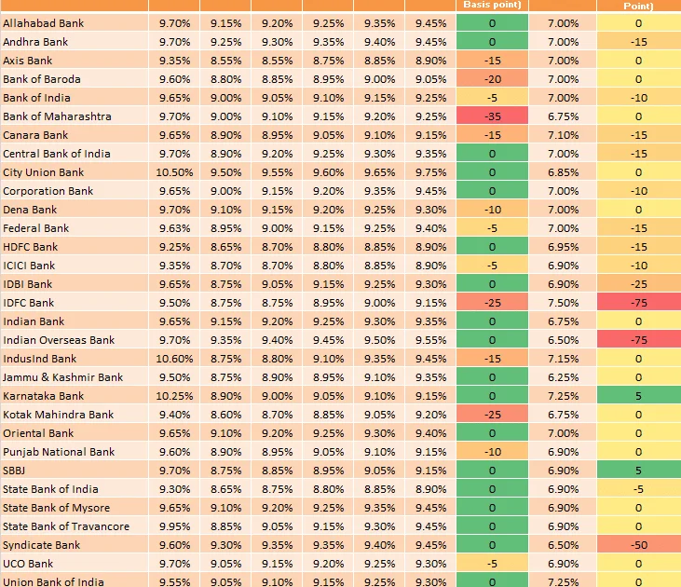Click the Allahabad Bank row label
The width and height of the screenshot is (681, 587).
pos(43,23)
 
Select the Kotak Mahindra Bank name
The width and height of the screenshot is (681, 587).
pos(58,415)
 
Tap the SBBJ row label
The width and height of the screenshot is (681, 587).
pos(14,471)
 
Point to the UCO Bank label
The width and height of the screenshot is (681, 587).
pos(28,564)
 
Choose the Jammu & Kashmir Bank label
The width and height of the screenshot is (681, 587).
pos(62,377)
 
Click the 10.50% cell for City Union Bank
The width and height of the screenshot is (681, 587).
pos(174,172)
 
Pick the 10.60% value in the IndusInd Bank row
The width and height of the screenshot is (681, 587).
pos(174,359)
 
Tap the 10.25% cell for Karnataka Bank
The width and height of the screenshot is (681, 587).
pos(174,396)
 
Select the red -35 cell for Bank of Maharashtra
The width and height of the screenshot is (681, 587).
pos(492,116)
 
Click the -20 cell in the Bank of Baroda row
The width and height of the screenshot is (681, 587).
pos(492,79)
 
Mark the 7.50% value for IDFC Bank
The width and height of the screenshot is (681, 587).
pos(564,303)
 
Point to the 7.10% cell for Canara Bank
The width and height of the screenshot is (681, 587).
pos(564,135)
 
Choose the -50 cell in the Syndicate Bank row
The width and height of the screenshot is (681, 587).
pos(639,545)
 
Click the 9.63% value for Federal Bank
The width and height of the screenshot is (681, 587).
pos(174,228)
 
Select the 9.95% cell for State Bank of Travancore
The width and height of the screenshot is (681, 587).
pos(174,526)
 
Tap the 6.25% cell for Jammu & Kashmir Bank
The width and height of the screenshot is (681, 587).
pos(564,377)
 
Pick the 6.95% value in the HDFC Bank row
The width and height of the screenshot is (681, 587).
pos(564,247)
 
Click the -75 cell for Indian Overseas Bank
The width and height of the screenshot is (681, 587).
pos(639,340)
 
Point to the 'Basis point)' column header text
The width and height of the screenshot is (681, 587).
pos(492,5)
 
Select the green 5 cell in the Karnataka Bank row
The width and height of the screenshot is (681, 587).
pos(639,396)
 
